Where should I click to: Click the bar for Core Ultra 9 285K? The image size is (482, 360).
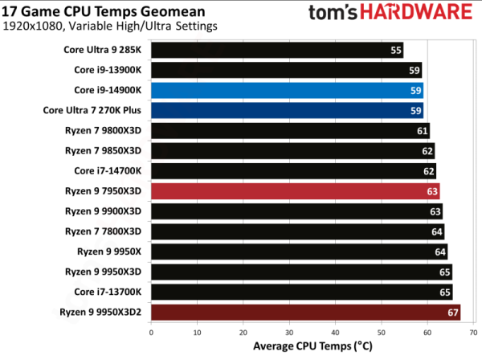[276, 50]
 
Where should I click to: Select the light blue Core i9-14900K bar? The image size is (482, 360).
[286, 90]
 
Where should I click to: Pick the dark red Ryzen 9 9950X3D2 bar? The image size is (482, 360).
[305, 312]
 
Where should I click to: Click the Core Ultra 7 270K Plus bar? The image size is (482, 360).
[286, 110]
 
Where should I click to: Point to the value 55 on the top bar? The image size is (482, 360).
[395, 50]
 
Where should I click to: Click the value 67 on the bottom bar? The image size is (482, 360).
[452, 312]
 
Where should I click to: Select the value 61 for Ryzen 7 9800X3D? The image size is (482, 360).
[422, 130]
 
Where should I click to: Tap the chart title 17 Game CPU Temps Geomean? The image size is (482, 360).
[94, 10]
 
